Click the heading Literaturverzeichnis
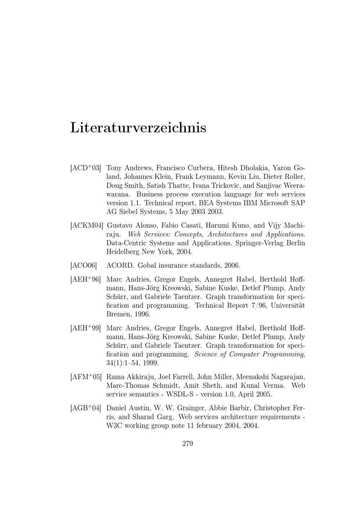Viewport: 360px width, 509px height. [x=138, y=128]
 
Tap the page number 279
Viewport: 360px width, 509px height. [x=188, y=443]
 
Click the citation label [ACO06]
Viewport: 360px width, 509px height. [x=84, y=266]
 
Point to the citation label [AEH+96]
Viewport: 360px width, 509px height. [x=85, y=279]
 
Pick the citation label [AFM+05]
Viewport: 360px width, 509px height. [x=86, y=377]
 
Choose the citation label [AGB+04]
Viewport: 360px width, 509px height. [x=86, y=408]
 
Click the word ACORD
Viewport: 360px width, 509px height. [x=120, y=266]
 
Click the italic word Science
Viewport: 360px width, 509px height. [x=205, y=354]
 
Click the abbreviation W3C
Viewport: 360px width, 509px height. [x=115, y=426]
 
